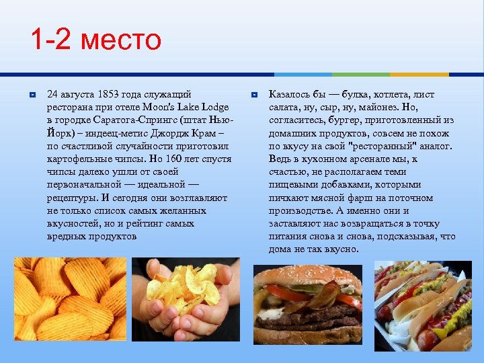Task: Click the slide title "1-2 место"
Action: tap(96, 40)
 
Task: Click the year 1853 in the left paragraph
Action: tap(110, 95)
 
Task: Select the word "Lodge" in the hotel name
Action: tap(214, 108)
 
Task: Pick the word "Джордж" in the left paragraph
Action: tap(178, 133)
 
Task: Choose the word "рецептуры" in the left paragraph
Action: tap(71, 198)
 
